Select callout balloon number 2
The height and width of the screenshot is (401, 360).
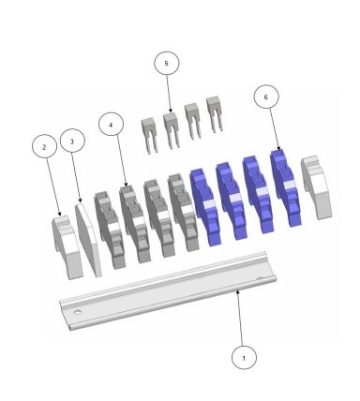(41, 147)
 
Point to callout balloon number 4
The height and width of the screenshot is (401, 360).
(111, 124)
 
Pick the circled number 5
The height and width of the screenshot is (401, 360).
(166, 63)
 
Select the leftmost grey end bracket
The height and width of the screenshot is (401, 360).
(65, 245)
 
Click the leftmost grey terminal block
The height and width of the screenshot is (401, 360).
(111, 229)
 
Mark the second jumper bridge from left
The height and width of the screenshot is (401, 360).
(170, 128)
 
